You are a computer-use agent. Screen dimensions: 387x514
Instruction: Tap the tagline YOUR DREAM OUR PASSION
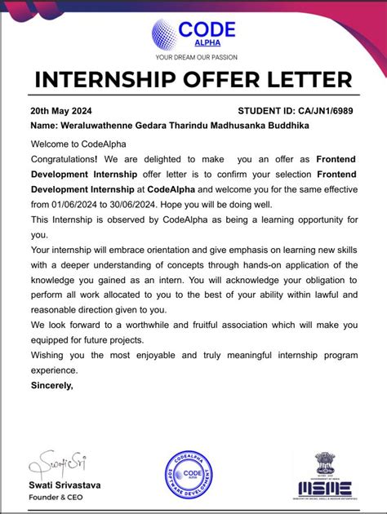tap(193, 57)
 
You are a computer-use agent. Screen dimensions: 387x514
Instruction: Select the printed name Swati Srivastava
tap(65, 485)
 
